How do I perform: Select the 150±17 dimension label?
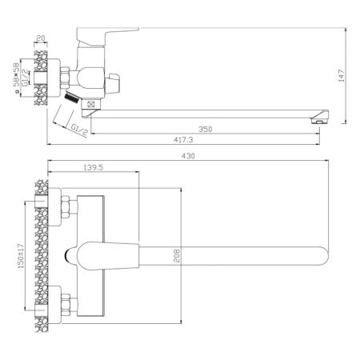click(x=30, y=254)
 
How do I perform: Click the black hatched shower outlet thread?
click(x=72, y=98)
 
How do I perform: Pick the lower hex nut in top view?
click(x=66, y=305)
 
